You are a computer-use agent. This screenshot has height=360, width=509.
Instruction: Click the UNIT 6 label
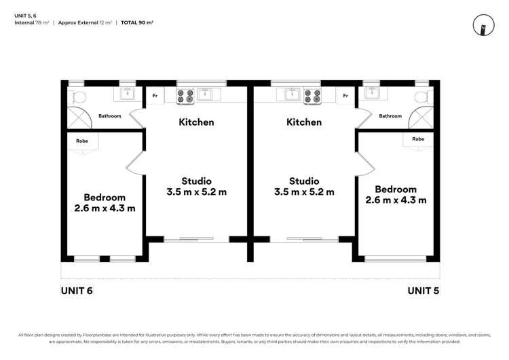77,291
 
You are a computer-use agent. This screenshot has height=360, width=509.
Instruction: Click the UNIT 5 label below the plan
423,291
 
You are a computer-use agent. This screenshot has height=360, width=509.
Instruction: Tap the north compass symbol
483,25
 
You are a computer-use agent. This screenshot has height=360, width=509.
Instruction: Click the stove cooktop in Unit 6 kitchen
185,96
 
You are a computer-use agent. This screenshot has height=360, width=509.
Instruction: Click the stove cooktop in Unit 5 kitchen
312,96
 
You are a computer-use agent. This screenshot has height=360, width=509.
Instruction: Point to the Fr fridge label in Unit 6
155,96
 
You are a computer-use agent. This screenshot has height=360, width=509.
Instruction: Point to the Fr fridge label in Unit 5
345,96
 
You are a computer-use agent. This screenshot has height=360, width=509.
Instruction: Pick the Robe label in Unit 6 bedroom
82,141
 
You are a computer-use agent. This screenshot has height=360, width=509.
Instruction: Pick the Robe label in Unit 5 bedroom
418,139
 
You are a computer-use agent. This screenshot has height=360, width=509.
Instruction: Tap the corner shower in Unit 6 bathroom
79,118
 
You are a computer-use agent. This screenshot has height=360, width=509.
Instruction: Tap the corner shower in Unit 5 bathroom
421,118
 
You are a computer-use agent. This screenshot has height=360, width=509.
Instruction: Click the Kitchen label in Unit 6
196,122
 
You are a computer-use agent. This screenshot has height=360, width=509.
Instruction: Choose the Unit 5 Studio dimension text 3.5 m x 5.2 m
304,192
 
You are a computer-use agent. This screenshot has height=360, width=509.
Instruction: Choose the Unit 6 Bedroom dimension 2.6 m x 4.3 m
105,209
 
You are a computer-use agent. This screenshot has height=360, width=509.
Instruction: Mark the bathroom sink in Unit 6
128,94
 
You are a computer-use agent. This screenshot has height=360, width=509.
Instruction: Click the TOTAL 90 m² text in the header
137,22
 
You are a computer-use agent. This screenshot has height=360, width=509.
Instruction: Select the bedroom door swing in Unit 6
134,164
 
